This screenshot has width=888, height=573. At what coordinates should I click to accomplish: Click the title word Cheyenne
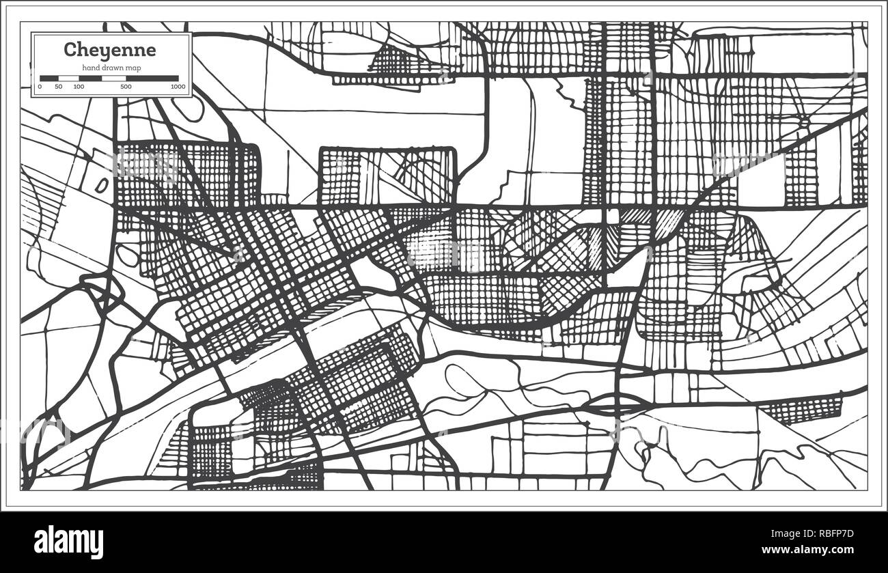109,50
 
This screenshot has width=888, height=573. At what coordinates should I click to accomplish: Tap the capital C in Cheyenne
69,50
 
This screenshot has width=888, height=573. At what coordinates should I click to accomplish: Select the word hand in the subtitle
91,67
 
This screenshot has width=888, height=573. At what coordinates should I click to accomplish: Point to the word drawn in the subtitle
112,67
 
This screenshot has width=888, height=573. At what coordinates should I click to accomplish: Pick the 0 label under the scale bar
40,87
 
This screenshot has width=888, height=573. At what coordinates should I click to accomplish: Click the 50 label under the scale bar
59,87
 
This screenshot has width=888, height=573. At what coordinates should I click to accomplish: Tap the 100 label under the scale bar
79,87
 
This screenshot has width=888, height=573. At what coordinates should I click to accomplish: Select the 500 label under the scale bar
126,87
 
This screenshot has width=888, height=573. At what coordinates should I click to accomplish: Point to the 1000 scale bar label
178,87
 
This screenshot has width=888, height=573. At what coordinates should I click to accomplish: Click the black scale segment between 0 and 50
49,79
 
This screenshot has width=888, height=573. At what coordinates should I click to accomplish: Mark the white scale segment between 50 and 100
69,79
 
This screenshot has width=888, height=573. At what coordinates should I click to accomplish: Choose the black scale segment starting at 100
90,79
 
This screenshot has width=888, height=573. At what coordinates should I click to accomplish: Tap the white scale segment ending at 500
113,79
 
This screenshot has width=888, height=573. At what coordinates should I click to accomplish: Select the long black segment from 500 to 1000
152,79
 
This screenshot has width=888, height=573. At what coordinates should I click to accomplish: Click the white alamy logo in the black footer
68,542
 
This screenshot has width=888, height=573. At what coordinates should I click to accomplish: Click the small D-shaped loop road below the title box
102,186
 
